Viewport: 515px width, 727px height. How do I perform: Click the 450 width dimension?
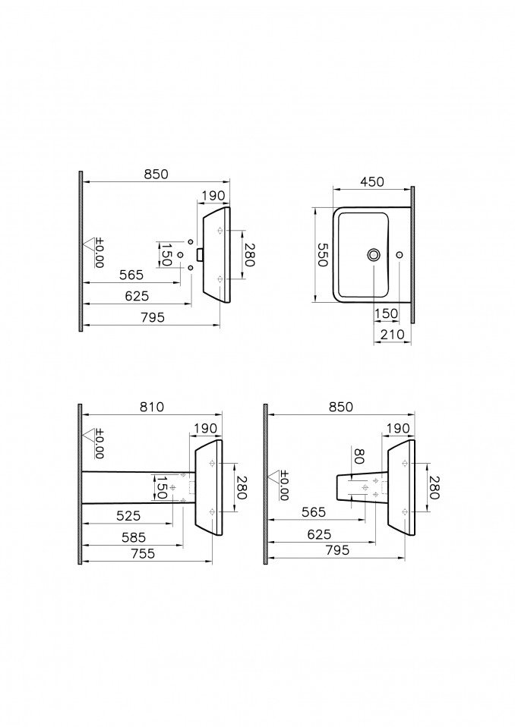click(x=372, y=181)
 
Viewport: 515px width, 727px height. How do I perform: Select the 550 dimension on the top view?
click(x=322, y=254)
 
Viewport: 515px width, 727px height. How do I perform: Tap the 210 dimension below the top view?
click(x=392, y=334)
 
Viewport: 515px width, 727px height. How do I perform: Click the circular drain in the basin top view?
click(x=374, y=254)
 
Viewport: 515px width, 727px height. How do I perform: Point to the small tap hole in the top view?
click(x=400, y=254)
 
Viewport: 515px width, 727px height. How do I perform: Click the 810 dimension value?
click(x=152, y=407)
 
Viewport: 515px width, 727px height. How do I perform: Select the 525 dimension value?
click(x=128, y=515)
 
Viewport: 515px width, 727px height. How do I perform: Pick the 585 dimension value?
click(x=134, y=537)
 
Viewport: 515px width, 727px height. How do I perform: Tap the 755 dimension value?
click(x=143, y=553)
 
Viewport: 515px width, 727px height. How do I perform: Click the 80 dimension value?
click(x=359, y=456)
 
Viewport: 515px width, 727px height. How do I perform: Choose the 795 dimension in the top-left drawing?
click(x=152, y=317)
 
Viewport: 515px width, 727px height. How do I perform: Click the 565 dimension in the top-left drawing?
click(x=131, y=275)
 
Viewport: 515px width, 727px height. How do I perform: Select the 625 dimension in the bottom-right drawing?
click(x=319, y=534)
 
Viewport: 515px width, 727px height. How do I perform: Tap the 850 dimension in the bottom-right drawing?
click(x=340, y=407)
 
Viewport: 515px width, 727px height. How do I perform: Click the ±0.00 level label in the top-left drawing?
click(x=99, y=253)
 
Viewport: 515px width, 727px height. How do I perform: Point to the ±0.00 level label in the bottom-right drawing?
click(x=284, y=486)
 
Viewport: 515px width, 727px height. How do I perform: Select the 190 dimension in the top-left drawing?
click(x=213, y=196)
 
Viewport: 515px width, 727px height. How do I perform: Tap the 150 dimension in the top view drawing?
click(x=387, y=313)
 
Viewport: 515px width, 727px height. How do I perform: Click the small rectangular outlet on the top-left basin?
click(x=200, y=254)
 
